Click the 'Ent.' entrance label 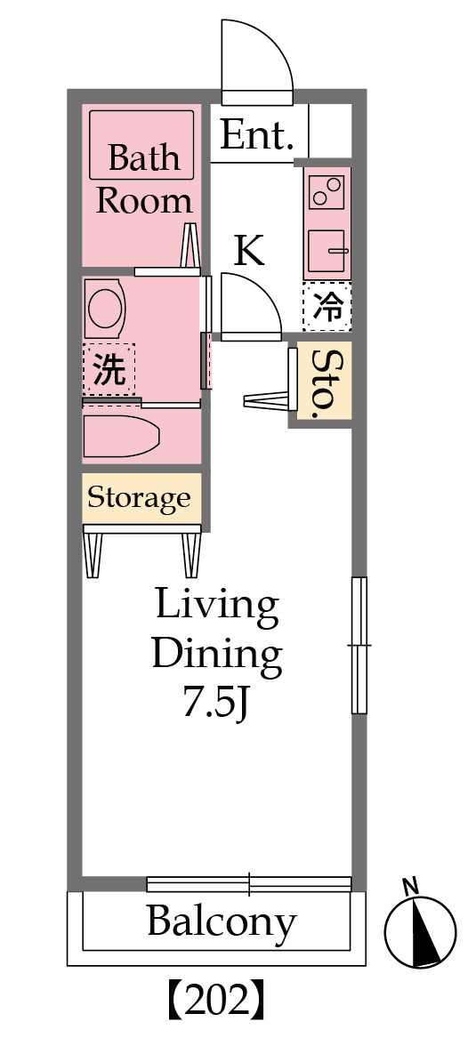tap(257, 135)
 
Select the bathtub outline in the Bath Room tap(141, 144)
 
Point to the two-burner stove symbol tap(327, 192)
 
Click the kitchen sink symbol tap(327, 250)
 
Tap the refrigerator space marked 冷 tap(327, 307)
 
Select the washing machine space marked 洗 tap(109, 369)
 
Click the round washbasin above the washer tap(106, 308)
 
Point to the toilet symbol tap(121, 436)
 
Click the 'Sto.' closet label tap(324, 380)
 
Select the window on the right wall tap(359, 646)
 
